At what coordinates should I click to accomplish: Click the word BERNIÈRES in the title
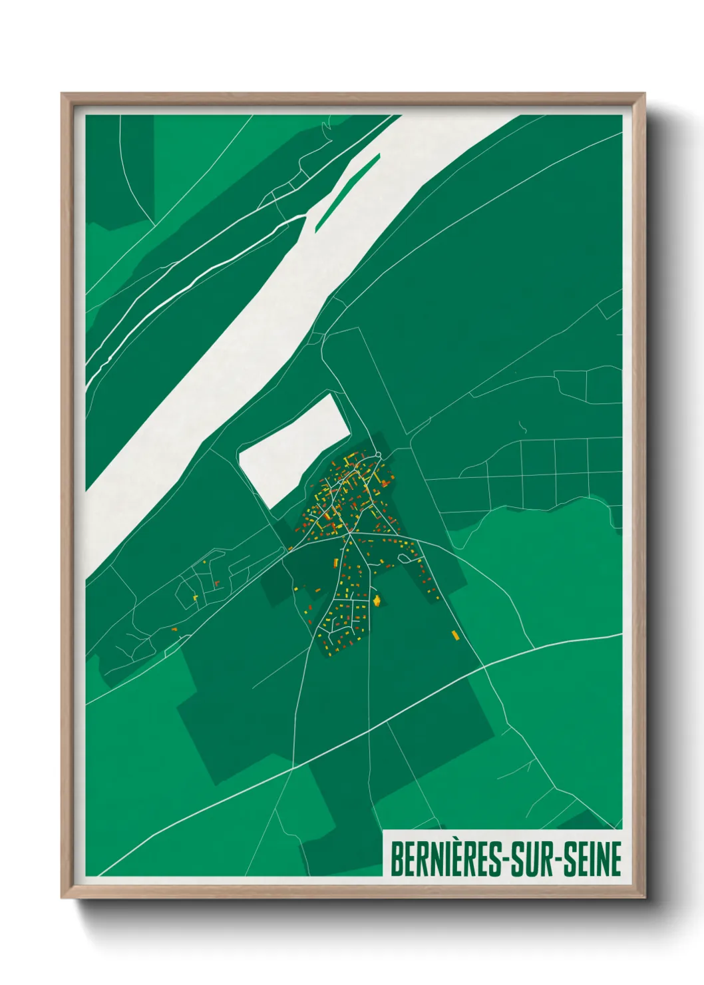point(449,859)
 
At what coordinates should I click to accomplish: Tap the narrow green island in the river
point(347,192)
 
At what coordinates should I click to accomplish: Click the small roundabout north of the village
point(378,455)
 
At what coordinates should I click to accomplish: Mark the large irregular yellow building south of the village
point(377,601)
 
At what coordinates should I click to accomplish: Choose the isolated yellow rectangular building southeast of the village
point(456,635)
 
